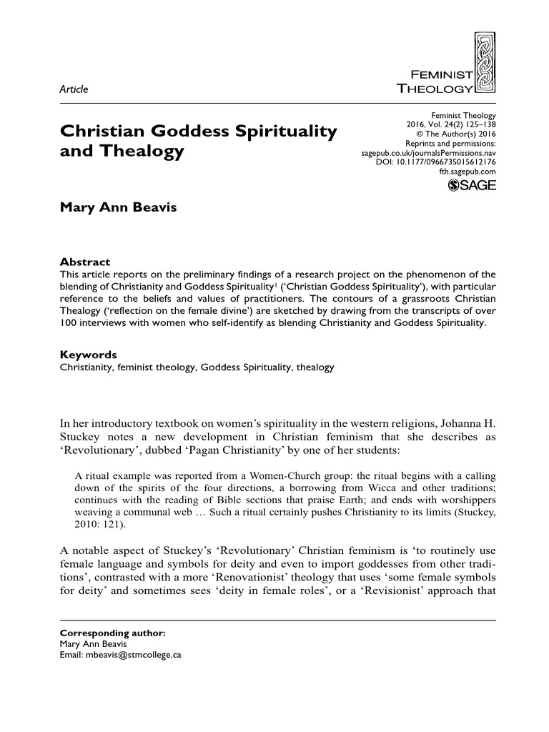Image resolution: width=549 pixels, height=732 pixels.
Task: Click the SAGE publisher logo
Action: tap(471, 187)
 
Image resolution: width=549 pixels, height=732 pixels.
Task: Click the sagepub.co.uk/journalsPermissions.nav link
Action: tap(425, 153)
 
